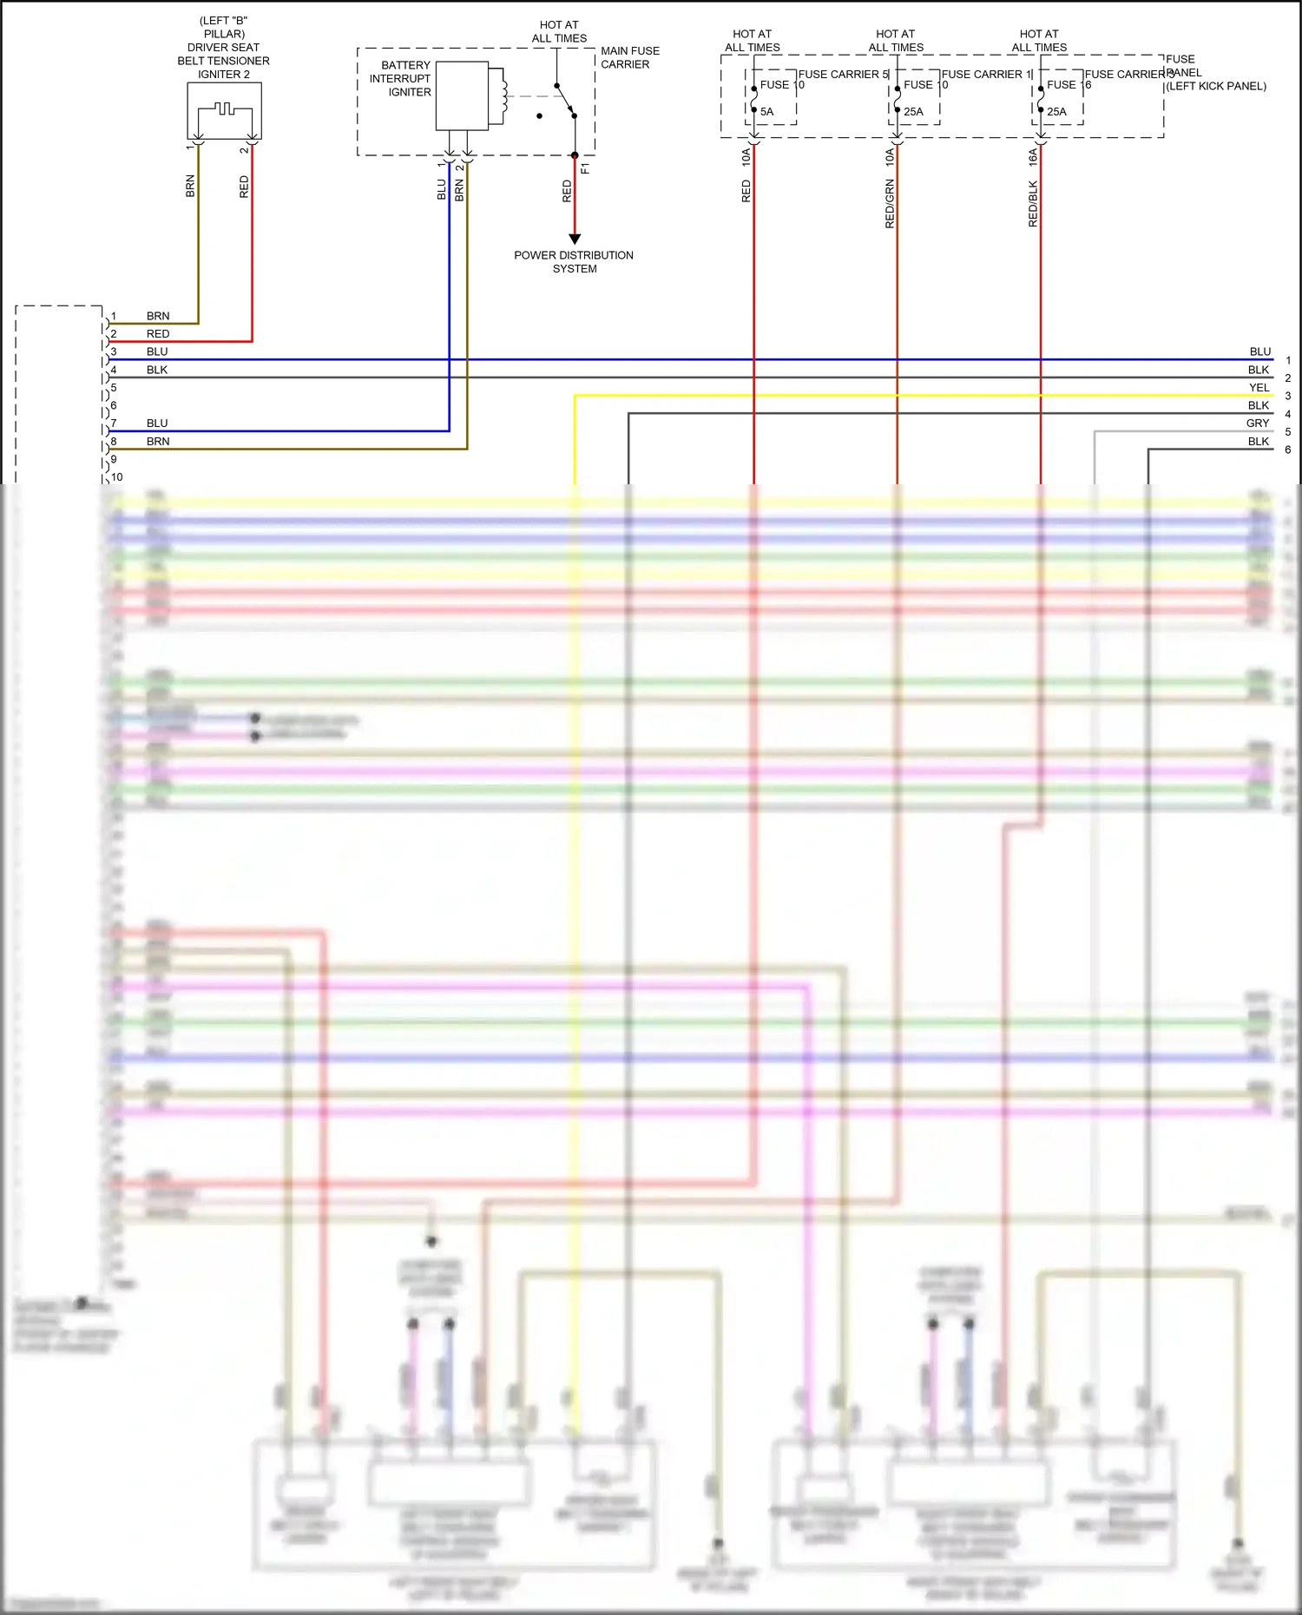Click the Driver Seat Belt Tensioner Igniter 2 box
click(224, 110)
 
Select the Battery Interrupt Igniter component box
click(462, 95)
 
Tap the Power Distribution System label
click(574, 262)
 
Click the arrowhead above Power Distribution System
click(575, 239)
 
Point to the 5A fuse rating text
click(766, 112)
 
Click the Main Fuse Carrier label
click(629, 58)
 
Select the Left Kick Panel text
click(1215, 86)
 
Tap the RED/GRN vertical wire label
click(890, 204)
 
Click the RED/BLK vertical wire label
click(1033, 204)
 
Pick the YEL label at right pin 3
click(1259, 388)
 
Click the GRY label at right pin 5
click(1258, 423)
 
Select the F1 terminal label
click(585, 168)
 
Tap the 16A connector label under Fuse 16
click(1033, 157)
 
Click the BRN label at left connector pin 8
click(158, 442)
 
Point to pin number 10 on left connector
click(117, 477)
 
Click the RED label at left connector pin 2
click(158, 334)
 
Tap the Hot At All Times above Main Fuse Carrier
click(559, 32)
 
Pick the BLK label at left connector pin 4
click(157, 370)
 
